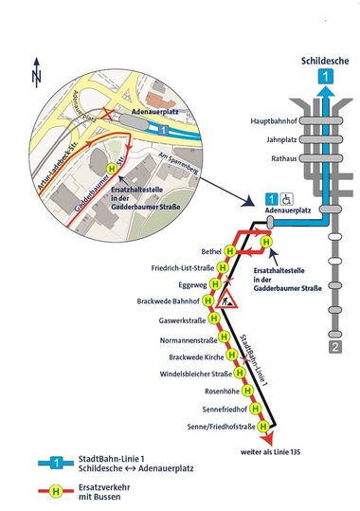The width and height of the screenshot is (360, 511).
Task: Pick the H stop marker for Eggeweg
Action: (224, 285)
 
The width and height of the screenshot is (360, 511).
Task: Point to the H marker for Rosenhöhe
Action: (246, 390)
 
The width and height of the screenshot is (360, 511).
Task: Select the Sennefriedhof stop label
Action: (209, 407)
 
